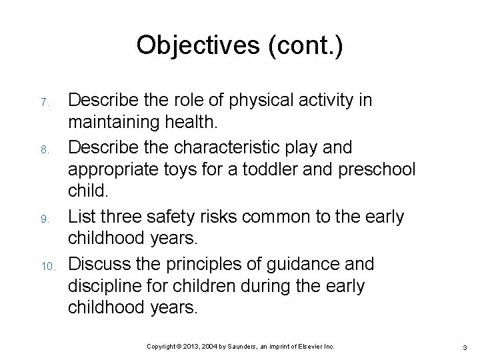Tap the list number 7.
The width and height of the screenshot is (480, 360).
click(43, 103)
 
